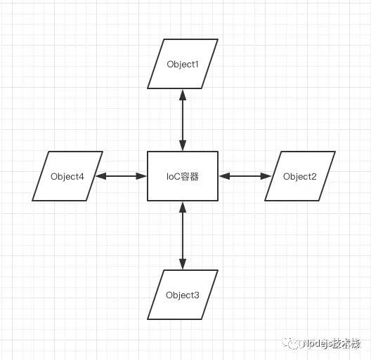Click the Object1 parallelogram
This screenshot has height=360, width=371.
coord(183,64)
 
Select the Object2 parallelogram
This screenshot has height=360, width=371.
coord(300,176)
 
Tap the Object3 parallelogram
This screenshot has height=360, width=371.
coord(183,295)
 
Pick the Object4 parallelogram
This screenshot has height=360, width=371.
coord(67,176)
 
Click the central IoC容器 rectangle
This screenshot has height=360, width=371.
coord(183,176)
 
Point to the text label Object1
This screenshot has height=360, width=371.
coord(183,65)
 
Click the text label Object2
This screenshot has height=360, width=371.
coord(300,177)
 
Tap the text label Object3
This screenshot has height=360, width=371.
coord(183,295)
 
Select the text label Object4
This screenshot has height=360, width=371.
coord(67,177)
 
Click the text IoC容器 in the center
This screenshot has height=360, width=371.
coord(183,177)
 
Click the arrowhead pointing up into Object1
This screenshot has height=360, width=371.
coord(183,95)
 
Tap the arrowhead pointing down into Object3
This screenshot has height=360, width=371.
coord(183,264)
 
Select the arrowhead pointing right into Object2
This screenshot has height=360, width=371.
coord(266,176)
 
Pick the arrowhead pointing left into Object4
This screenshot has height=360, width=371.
coord(100,176)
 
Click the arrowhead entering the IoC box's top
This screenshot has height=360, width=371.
coord(183,145)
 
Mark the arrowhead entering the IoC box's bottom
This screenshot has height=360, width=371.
coord(183,207)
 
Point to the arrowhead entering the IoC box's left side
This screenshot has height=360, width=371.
coord(141,176)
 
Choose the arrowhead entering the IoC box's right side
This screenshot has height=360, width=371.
coord(224,176)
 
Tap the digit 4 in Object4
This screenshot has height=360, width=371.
coord(82,176)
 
